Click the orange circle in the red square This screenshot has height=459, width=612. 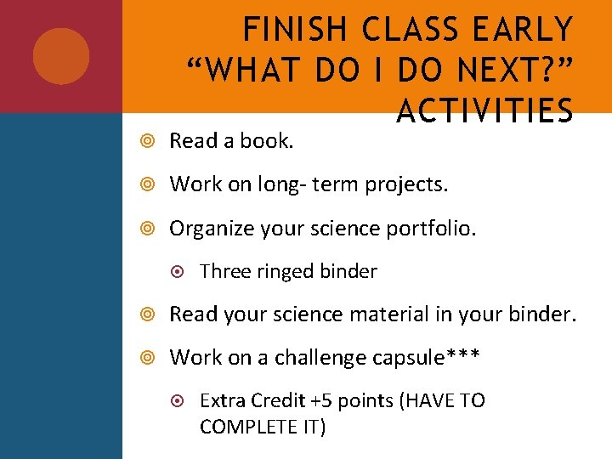point(61,56)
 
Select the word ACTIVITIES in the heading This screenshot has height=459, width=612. point(484,110)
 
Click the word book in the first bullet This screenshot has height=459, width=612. point(269,141)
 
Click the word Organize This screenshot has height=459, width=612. point(209,228)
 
